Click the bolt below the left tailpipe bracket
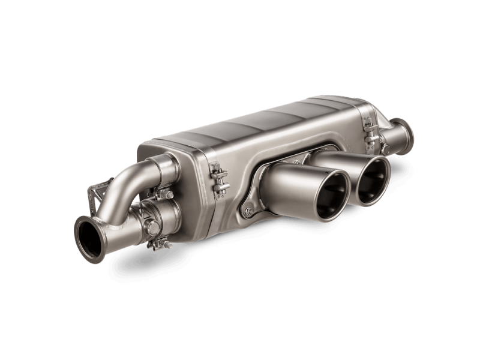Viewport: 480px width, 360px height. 248,211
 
